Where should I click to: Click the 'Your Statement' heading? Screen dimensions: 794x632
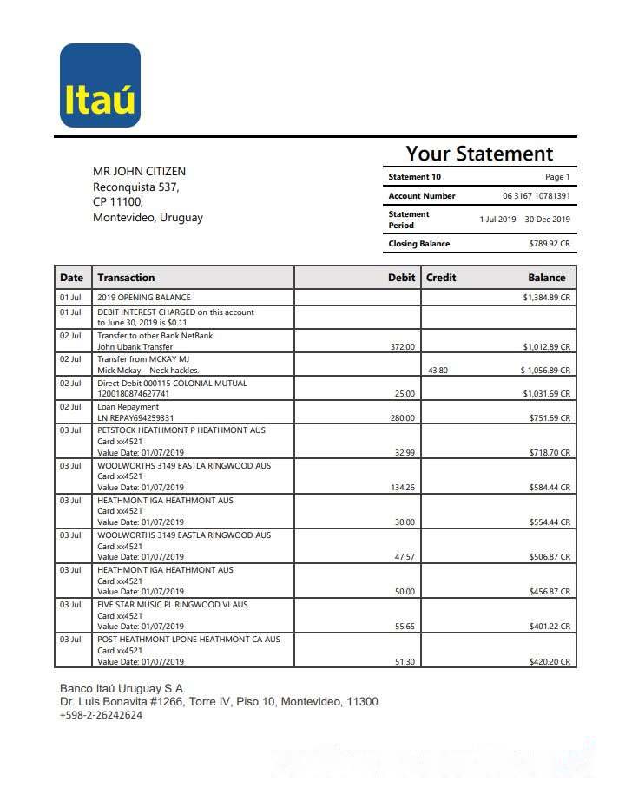(x=479, y=154)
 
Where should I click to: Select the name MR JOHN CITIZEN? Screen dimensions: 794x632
(x=139, y=171)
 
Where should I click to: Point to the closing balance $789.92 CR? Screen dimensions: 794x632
(x=550, y=244)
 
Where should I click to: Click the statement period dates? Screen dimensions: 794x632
(x=524, y=220)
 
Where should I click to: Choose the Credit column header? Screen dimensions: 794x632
(x=441, y=278)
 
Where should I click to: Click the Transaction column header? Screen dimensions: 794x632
(x=126, y=278)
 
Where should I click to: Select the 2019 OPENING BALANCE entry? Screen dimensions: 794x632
(x=143, y=298)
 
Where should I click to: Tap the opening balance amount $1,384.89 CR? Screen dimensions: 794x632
(x=546, y=298)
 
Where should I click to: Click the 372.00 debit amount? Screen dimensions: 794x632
(x=403, y=347)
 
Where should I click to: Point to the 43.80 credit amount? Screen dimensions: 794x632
(x=438, y=371)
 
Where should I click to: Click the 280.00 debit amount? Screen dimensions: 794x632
(x=403, y=418)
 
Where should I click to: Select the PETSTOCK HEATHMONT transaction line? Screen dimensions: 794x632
(x=181, y=430)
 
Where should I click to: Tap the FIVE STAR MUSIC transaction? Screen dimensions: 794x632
(x=172, y=605)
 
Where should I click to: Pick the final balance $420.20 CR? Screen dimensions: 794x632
(x=550, y=662)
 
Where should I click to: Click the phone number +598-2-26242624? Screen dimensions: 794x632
(x=101, y=715)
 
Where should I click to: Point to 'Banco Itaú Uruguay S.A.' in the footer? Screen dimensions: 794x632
(x=122, y=688)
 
